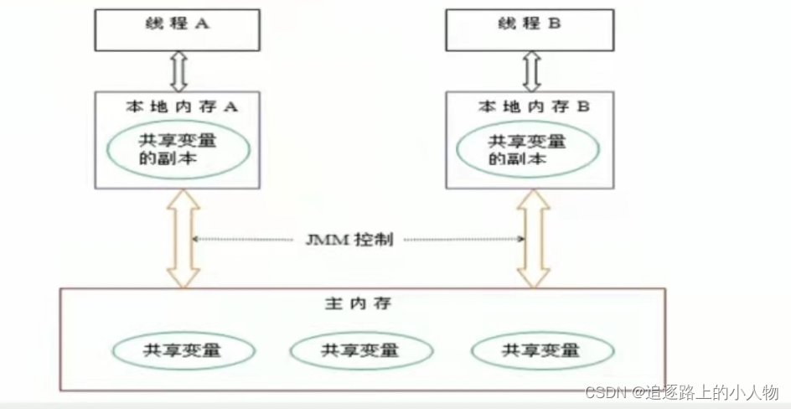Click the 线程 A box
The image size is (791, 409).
[176, 30]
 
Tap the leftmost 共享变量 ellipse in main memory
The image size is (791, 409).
[184, 349]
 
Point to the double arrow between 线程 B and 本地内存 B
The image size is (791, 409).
[531, 71]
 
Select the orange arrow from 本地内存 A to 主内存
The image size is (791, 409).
[183, 239]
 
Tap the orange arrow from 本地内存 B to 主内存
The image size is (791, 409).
[533, 239]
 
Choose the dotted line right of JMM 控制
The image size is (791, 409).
[465, 241]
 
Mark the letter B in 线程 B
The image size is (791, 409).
[554, 25]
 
